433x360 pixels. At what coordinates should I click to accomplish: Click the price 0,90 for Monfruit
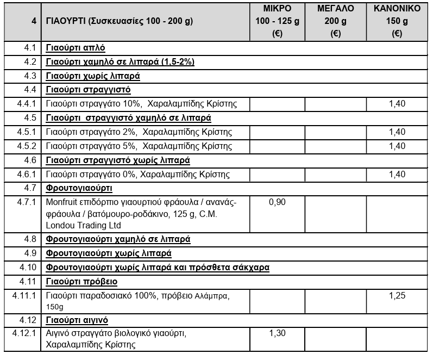277,202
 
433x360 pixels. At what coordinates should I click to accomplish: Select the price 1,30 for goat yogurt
277,333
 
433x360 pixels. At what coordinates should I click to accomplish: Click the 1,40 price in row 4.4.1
397,103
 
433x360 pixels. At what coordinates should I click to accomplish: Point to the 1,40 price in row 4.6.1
397,174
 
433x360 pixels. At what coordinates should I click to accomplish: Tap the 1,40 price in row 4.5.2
397,146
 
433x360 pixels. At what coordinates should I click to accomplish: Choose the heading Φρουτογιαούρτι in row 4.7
79,188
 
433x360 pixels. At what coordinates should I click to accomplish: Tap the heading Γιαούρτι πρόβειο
81,281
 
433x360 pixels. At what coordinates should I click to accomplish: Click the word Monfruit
63,202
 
